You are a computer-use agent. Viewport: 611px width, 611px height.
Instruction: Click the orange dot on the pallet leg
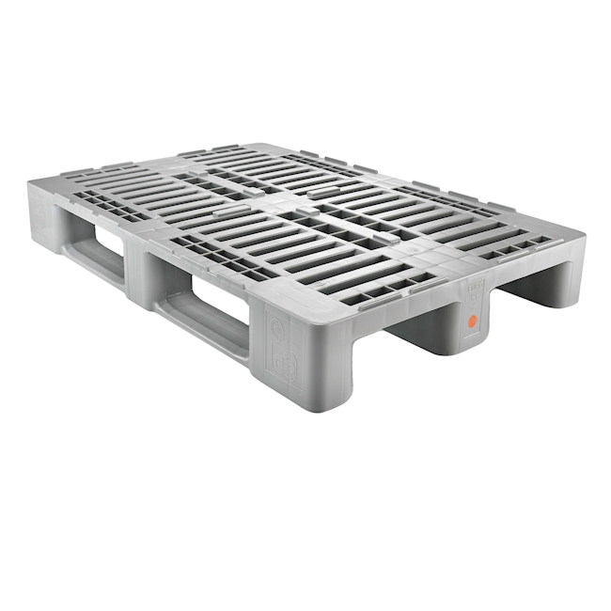tap(473, 321)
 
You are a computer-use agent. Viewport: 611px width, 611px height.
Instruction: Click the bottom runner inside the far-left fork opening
tap(100, 259)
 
